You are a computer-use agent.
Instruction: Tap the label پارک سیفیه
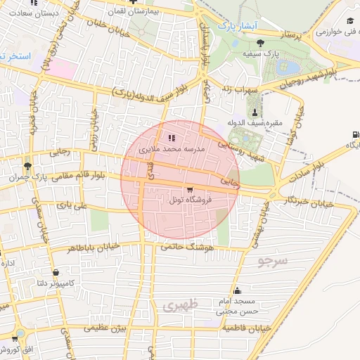pos(257,53)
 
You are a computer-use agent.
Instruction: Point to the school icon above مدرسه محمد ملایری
pos(172,137)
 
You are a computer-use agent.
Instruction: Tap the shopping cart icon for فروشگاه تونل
pos(190,191)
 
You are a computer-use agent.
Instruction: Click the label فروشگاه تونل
pos(185,200)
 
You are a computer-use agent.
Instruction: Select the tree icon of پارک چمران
pos(27,167)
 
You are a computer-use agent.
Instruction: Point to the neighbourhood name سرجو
pos(274,262)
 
